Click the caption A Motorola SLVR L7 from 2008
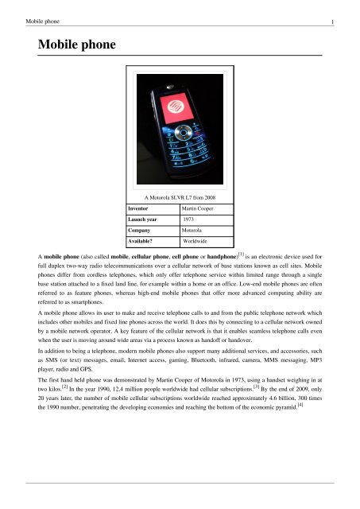click(x=180, y=195)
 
